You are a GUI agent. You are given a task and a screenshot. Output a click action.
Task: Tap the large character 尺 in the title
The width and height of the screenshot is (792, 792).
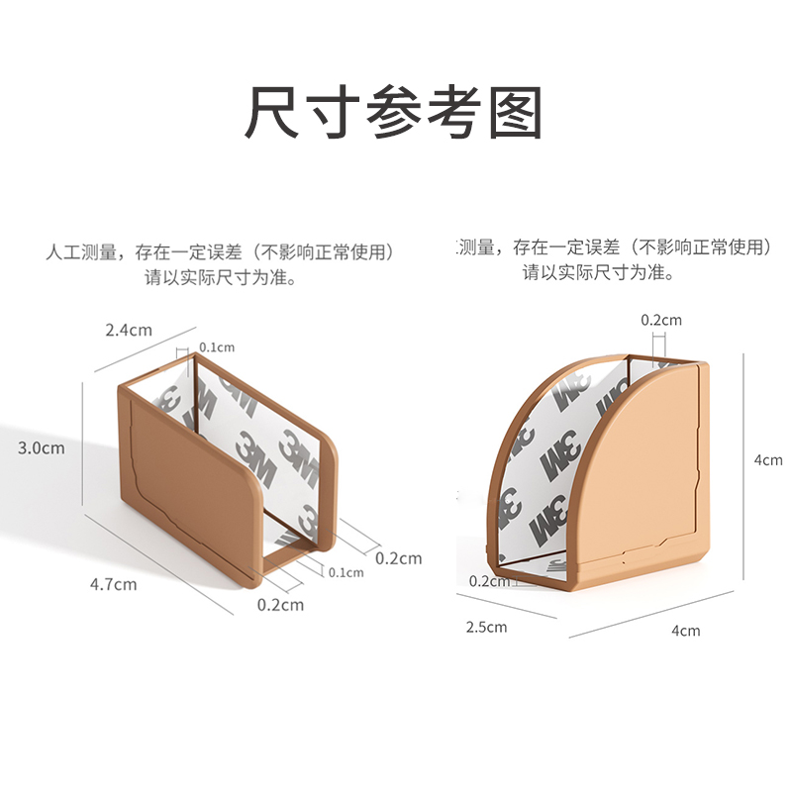pyautogui.click(x=274, y=114)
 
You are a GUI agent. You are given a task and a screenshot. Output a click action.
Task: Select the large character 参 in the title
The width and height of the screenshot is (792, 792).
pyautogui.click(x=394, y=114)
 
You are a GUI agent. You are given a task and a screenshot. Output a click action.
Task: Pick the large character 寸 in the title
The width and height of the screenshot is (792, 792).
pyautogui.click(x=334, y=114)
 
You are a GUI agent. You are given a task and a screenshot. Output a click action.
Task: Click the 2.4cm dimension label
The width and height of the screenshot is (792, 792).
pyautogui.click(x=129, y=330)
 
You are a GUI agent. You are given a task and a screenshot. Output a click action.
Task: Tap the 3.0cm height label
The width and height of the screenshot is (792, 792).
pyautogui.click(x=42, y=447)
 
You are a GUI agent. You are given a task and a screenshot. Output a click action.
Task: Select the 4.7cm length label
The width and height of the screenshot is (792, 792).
pyautogui.click(x=113, y=583)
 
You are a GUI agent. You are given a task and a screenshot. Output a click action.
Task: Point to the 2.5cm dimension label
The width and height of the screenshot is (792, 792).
pyautogui.click(x=485, y=627)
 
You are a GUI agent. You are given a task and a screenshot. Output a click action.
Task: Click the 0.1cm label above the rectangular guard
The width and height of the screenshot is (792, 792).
pyautogui.click(x=217, y=346)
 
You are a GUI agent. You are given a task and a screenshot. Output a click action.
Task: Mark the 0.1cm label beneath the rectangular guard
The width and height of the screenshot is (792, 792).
pyautogui.click(x=346, y=572)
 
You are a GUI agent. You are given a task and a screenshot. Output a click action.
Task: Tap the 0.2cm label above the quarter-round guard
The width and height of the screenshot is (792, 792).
pyautogui.click(x=661, y=320)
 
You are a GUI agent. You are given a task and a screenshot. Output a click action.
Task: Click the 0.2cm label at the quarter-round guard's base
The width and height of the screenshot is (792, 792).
pyautogui.click(x=489, y=581)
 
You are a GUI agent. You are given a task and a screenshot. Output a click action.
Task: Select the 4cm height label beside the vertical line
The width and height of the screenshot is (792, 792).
pyautogui.click(x=768, y=459)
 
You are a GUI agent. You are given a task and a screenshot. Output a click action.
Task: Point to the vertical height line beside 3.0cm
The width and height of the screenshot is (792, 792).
pyautogui.click(x=81, y=447)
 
